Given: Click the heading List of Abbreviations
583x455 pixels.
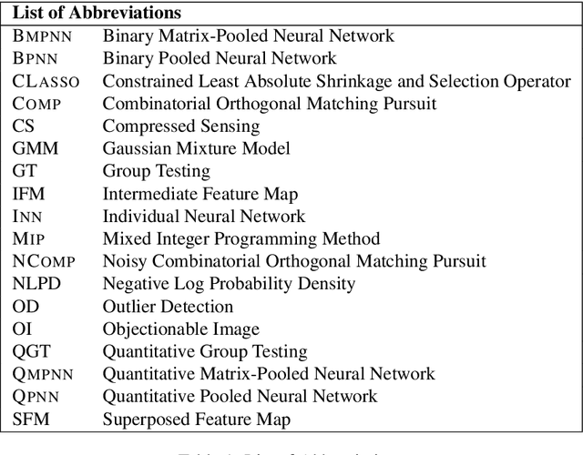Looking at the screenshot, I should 96,14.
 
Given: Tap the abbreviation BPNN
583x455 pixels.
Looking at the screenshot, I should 36,59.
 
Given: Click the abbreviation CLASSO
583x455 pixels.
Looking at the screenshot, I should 46,82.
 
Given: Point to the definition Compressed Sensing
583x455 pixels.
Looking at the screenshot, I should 180,126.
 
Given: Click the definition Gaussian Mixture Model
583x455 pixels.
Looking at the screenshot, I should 196,148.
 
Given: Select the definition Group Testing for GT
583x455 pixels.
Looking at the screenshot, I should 156,171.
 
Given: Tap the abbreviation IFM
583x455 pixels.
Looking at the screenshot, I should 29,194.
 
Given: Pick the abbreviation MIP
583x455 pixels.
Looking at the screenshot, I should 29,238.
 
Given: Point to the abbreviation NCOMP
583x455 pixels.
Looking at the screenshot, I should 44,261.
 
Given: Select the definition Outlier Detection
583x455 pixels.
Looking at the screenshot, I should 168,306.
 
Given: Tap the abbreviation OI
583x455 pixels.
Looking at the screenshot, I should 22,329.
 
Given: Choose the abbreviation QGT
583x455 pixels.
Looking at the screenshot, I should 32,350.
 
